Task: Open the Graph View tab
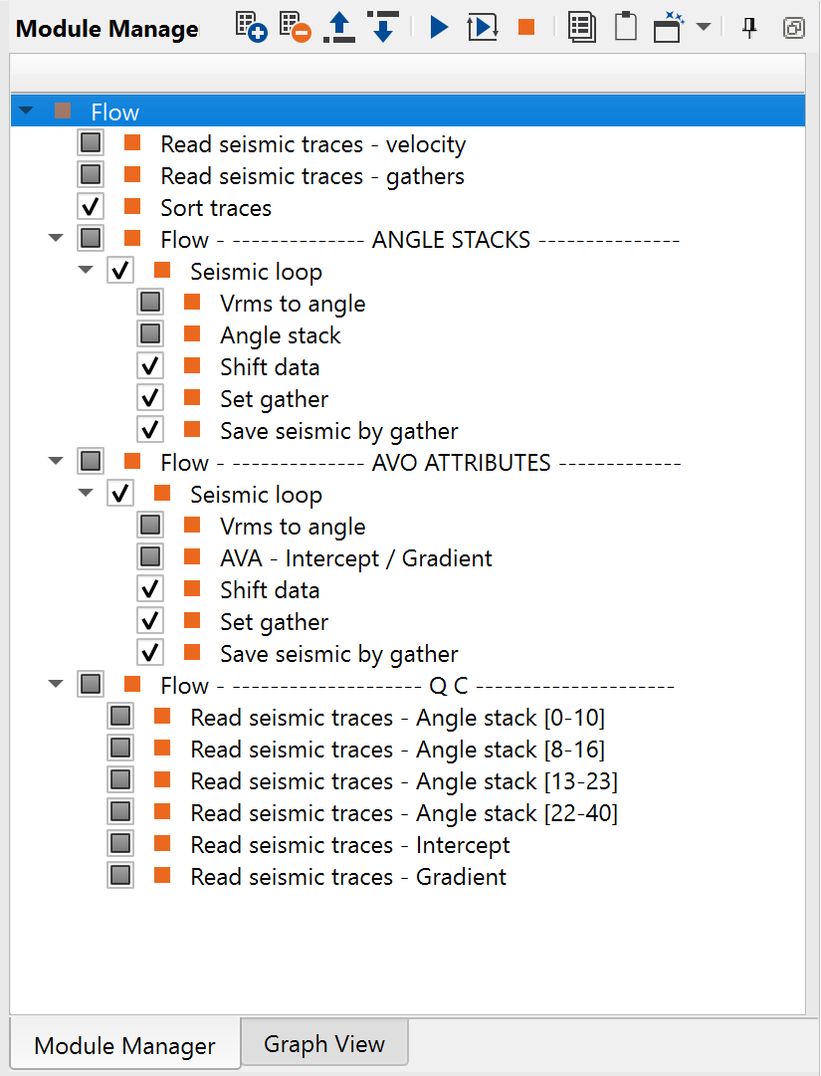click(x=323, y=1044)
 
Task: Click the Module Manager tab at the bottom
click(x=124, y=1046)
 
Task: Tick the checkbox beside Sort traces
click(x=91, y=208)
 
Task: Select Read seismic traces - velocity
click(x=312, y=144)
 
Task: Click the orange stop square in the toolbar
click(x=526, y=27)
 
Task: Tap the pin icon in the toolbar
click(x=749, y=27)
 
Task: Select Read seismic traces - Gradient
click(x=348, y=877)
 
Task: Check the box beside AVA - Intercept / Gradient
click(x=150, y=558)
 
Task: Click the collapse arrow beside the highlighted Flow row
click(x=26, y=111)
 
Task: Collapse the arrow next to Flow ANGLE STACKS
click(x=56, y=239)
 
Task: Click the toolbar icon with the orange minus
click(x=295, y=27)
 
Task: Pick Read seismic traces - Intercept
click(x=350, y=845)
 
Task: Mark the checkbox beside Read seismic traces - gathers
click(x=91, y=176)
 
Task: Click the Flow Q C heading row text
click(x=417, y=686)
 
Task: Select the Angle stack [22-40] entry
click(x=404, y=813)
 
